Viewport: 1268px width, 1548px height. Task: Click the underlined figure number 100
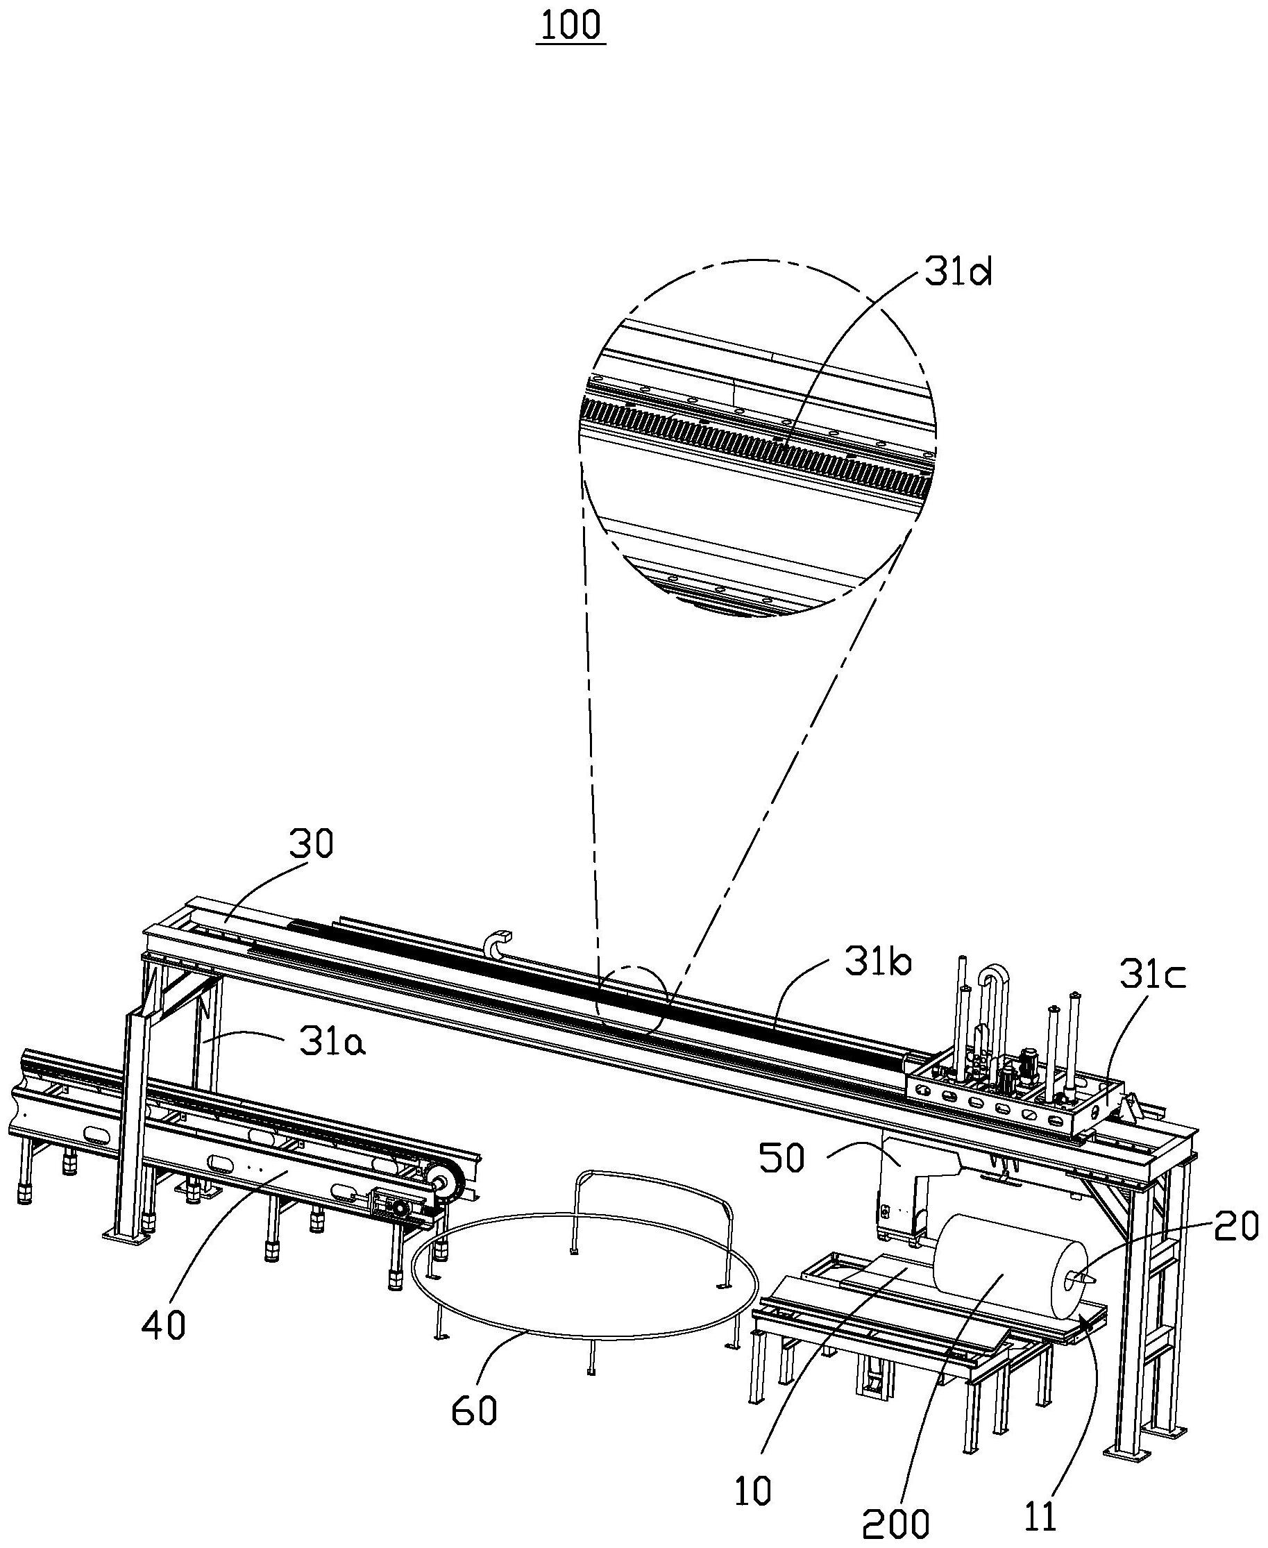point(570,26)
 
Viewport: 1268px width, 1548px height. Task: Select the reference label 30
point(310,844)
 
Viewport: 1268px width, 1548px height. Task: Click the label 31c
point(1152,978)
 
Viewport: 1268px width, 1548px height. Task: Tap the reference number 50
point(781,1159)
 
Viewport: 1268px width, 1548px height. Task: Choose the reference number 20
point(1237,1227)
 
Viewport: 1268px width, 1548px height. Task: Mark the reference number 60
point(474,1410)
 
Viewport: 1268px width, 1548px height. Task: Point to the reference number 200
point(895,1524)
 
